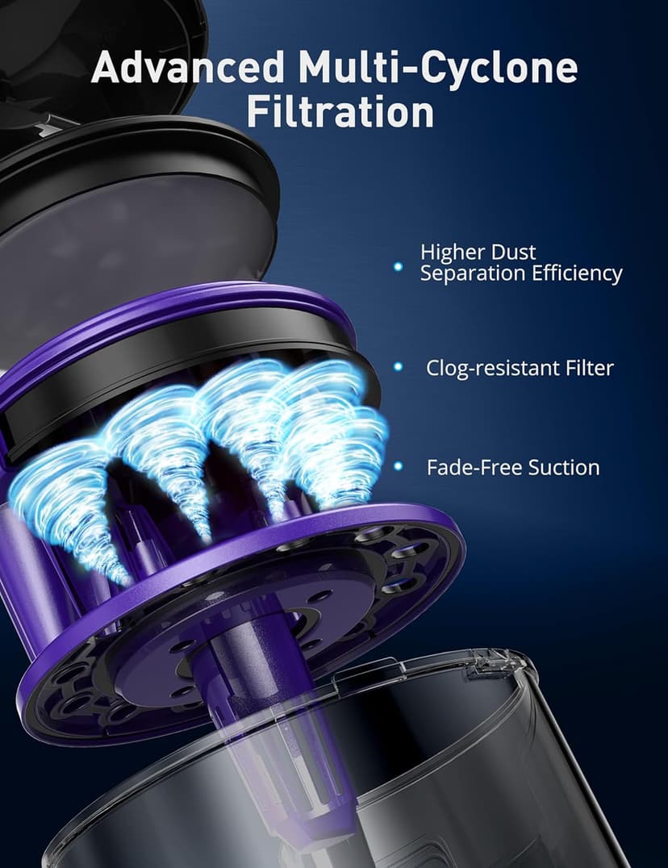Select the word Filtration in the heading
click(x=340, y=112)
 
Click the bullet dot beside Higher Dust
click(x=397, y=265)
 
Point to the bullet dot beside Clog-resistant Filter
click(x=397, y=367)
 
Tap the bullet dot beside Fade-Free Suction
click(x=397, y=466)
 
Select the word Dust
click(x=516, y=252)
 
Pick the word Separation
click(x=472, y=273)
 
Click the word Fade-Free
click(x=467, y=467)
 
